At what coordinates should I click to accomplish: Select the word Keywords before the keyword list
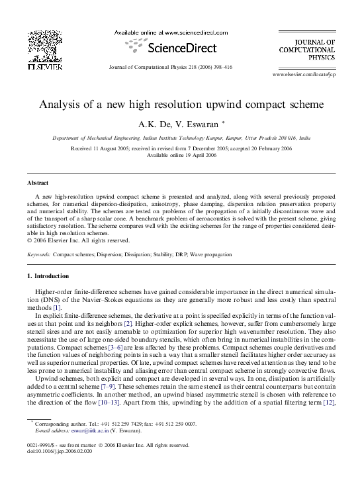pos(38,254)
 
